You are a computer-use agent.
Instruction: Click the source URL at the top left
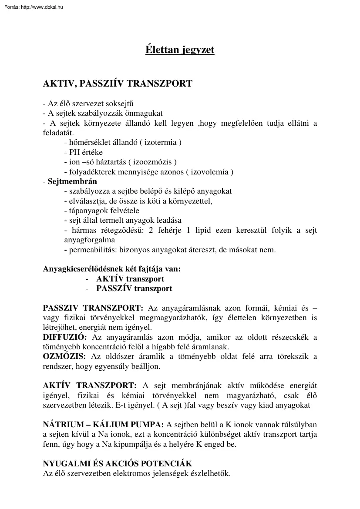coord(33,7)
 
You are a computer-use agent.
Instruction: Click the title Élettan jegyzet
coord(180,50)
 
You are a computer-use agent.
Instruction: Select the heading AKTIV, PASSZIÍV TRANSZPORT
coord(118,84)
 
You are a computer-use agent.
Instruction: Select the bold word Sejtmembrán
coord(72,181)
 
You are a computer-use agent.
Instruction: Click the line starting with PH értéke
coord(83,152)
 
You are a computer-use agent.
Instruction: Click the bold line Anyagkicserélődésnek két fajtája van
coord(112,269)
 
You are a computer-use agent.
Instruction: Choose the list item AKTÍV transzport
coord(130,279)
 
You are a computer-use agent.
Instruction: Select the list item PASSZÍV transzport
coord(134,288)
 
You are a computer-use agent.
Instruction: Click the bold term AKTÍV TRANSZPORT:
coord(90,386)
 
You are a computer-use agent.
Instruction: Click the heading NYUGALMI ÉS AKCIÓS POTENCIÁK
coord(118,464)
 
